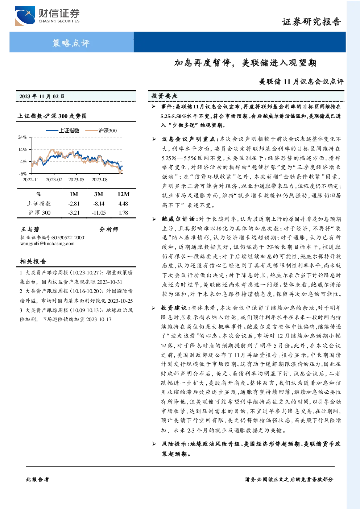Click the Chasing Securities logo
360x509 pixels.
click(x=47, y=16)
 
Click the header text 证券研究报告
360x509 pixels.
click(x=311, y=22)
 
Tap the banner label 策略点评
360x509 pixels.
click(x=71, y=43)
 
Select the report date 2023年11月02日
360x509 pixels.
click(x=42, y=96)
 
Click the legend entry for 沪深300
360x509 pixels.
click(x=101, y=131)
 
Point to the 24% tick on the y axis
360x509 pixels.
click(x=22, y=137)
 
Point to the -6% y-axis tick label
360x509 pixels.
click(x=22, y=174)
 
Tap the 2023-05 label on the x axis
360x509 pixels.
click(x=76, y=180)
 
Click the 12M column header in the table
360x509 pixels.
click(x=123, y=194)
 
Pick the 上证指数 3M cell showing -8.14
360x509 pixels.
click(x=99, y=204)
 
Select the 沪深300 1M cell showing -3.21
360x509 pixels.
click(x=74, y=213)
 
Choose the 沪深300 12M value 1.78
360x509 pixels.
click(x=123, y=213)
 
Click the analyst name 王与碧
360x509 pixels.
click(x=30, y=229)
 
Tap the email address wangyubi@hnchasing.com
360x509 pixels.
click(x=47, y=244)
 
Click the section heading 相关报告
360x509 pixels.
click(x=33, y=261)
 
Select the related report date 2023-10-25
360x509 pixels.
click(x=120, y=301)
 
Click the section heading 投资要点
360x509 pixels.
click(x=165, y=96)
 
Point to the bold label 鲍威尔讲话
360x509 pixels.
click(x=178, y=219)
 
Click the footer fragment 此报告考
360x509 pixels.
click(x=37, y=480)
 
